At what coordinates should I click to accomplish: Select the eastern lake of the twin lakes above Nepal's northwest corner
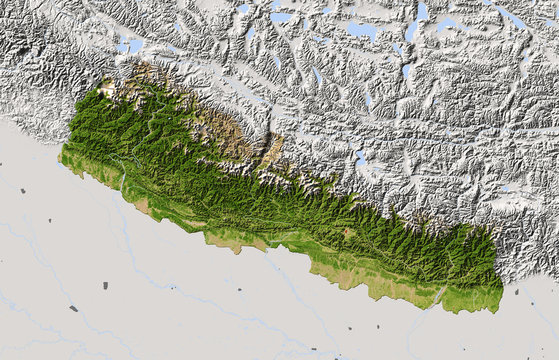click(135, 44)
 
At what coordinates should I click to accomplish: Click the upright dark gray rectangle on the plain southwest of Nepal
click(104, 285)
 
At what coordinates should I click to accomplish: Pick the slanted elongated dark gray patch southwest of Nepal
click(73, 308)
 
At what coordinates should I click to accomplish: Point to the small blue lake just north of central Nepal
click(360, 157)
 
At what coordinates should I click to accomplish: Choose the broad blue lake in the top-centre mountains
click(361, 30)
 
